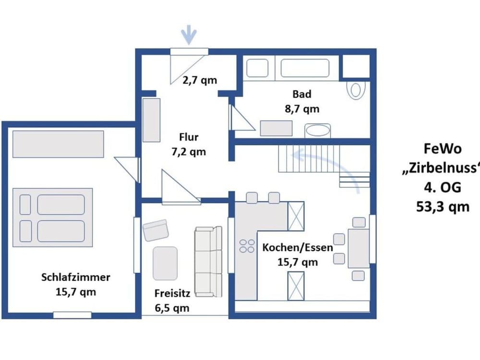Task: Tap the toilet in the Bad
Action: click(x=356, y=90)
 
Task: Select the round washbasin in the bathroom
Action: click(x=317, y=131)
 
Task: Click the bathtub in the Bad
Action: click(x=305, y=68)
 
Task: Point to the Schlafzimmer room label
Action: click(x=76, y=277)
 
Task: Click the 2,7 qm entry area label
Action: click(x=200, y=80)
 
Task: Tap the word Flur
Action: click(x=189, y=137)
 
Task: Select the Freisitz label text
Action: click(x=172, y=293)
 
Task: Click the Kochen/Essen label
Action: click(x=298, y=247)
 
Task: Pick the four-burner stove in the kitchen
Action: click(x=247, y=246)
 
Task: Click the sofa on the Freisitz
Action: click(x=208, y=262)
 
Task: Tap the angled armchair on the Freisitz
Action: click(x=156, y=230)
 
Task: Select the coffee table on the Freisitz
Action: click(x=165, y=264)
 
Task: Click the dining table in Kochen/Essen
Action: click(x=359, y=249)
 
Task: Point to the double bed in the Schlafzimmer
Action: click(x=53, y=217)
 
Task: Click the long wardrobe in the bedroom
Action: click(x=58, y=144)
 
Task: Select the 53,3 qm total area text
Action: click(x=443, y=206)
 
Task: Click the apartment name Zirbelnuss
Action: click(x=441, y=168)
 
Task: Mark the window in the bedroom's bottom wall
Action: click(x=72, y=315)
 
